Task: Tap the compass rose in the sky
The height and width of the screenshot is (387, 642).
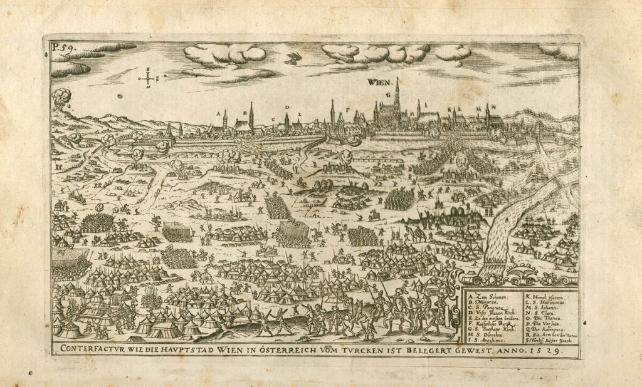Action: coord(148,78)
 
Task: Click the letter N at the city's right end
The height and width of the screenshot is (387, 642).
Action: coord(495,106)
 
